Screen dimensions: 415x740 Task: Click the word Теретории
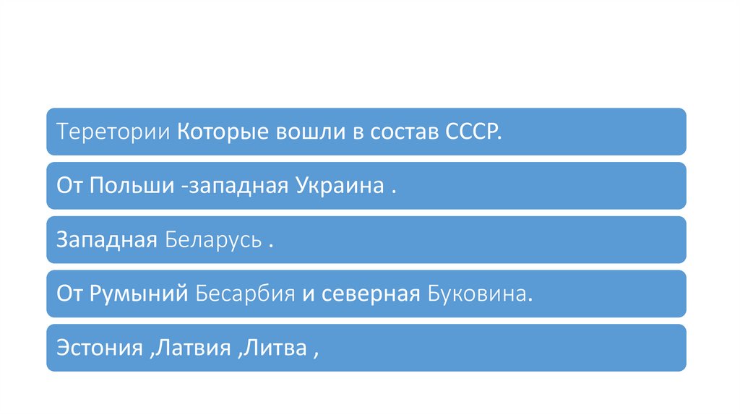tap(113, 132)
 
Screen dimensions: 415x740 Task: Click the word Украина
tap(338, 186)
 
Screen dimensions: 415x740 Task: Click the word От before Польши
tap(71, 186)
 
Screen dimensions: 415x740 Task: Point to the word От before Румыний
tap(71, 294)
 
